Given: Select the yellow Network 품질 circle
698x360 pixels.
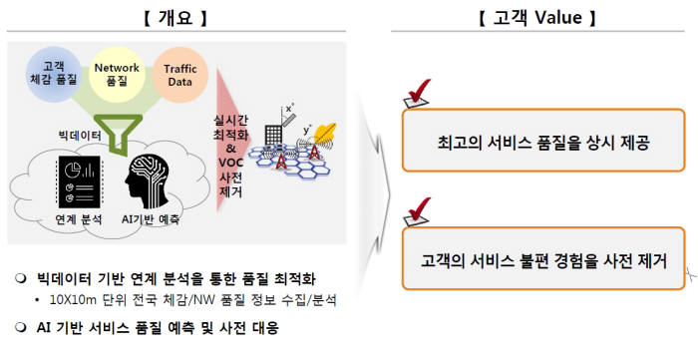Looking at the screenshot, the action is point(117,72).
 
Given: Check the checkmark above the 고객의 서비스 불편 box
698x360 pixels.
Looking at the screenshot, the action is point(417,212).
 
